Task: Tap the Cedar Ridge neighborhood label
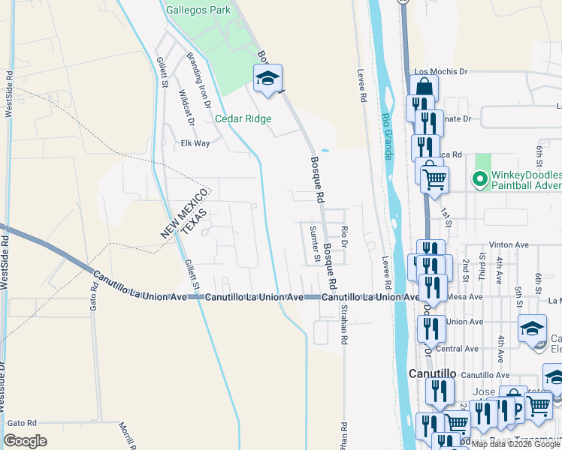(x=243, y=118)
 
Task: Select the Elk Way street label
(x=195, y=143)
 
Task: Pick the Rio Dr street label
(x=344, y=238)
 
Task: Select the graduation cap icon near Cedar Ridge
(x=267, y=78)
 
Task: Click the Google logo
(x=26, y=441)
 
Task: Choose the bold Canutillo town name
(x=433, y=373)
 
